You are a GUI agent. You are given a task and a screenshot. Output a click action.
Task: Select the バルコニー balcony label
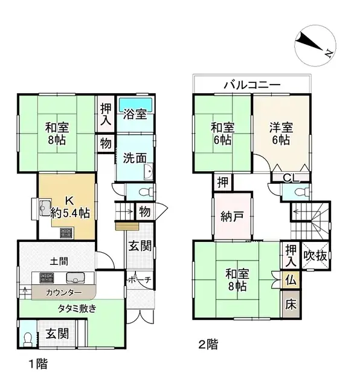[x=251, y=85]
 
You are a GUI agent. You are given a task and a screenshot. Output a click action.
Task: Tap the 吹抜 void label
[x=315, y=255]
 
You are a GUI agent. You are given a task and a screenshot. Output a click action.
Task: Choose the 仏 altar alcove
[x=291, y=281]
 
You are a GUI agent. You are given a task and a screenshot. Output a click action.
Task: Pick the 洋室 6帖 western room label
[x=281, y=133]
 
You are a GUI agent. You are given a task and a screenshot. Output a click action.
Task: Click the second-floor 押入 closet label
[x=291, y=255]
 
